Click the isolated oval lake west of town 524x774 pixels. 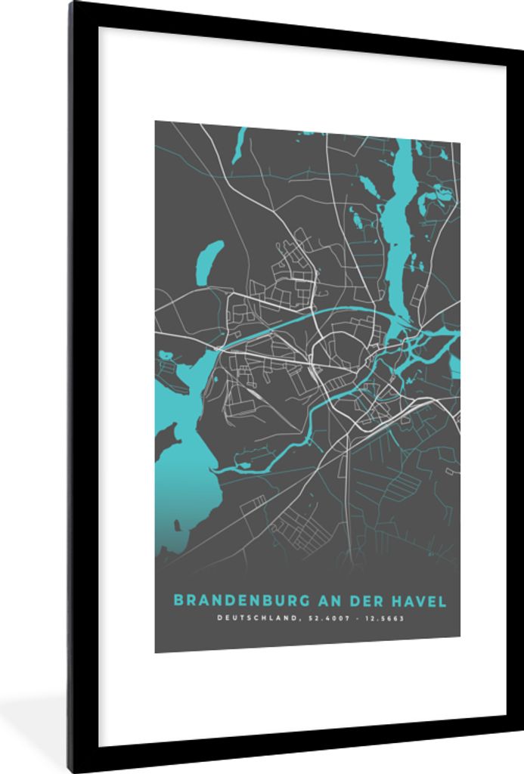209,262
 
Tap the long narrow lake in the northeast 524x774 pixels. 398,227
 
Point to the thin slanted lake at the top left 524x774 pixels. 240,144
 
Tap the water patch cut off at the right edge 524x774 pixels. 454,366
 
